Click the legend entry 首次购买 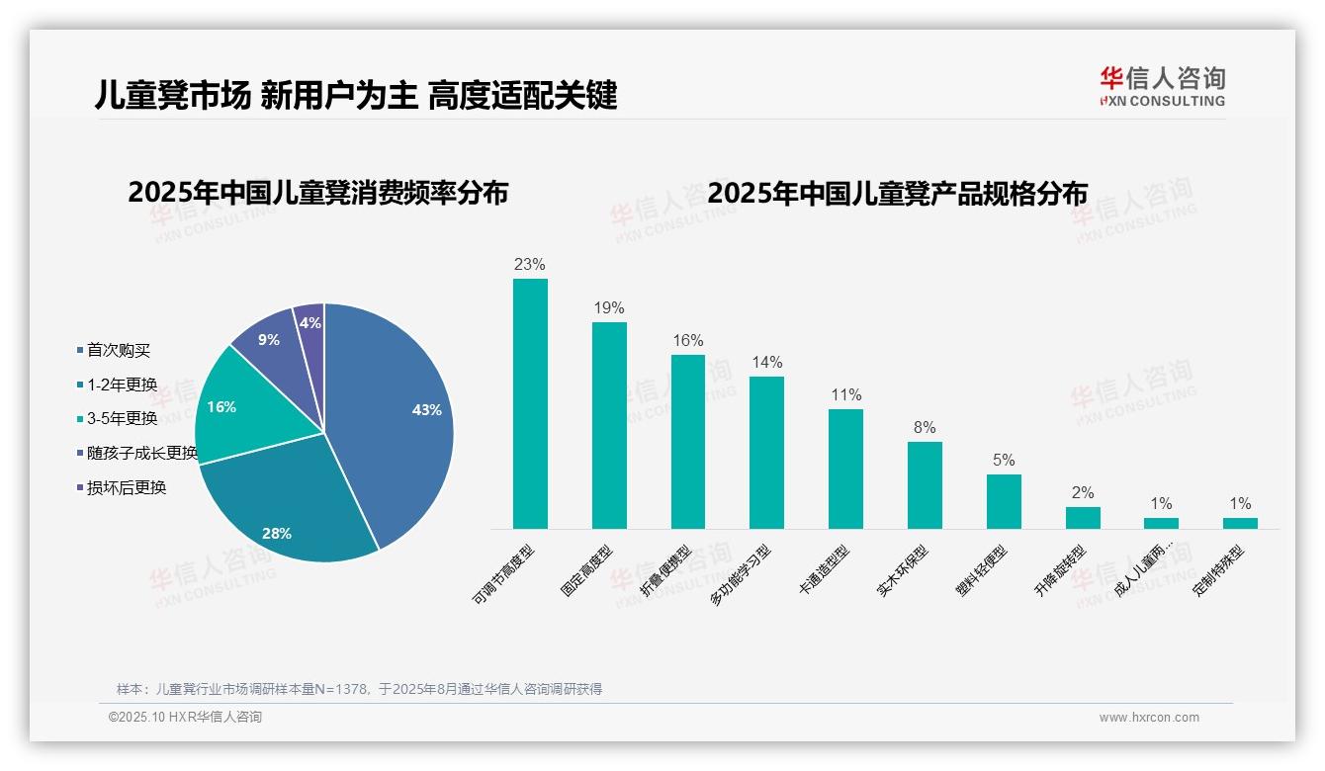pos(118,350)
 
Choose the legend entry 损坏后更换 pos(126,487)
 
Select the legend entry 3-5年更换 pos(122,418)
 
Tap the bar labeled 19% pos(609,425)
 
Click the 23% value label pos(530,265)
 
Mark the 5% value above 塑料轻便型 pos(1004,461)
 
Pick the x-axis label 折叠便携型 pos(666,572)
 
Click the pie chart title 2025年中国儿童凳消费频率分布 pos(317,193)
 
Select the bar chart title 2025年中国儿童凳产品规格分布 pos(897,193)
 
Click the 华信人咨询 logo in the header pos(1162,86)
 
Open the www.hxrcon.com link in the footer pos(1148,718)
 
